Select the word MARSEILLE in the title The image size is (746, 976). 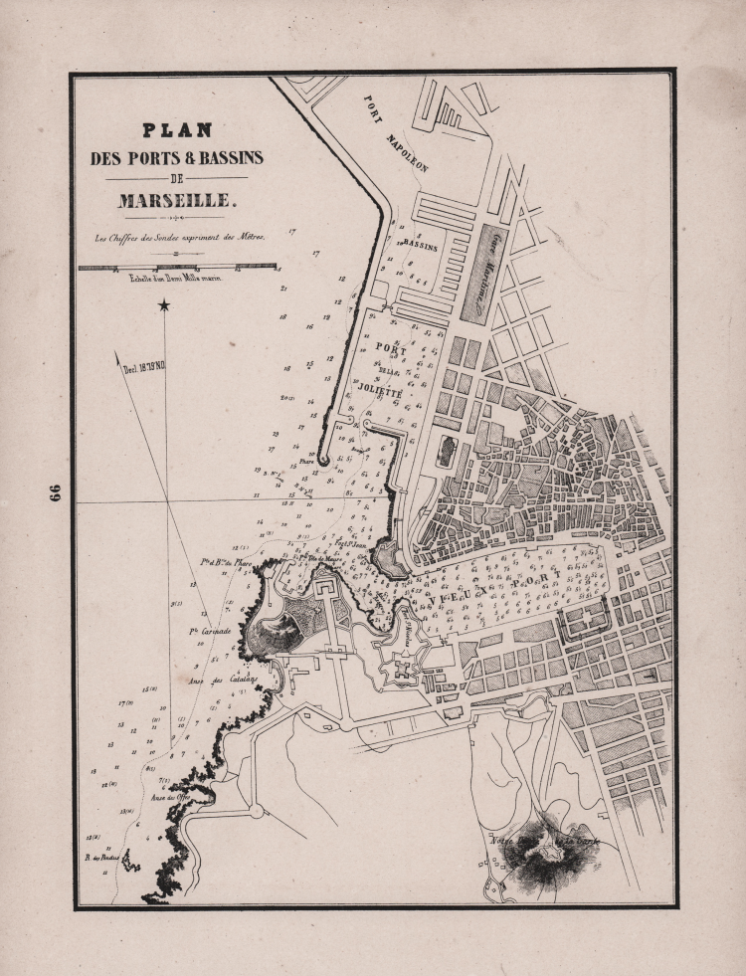tap(177, 200)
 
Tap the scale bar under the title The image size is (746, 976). tap(177, 267)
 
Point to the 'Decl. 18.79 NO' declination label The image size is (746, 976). tap(144, 365)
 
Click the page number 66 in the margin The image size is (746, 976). tap(55, 494)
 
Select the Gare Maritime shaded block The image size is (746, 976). tap(484, 272)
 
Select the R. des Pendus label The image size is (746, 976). tap(101, 858)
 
